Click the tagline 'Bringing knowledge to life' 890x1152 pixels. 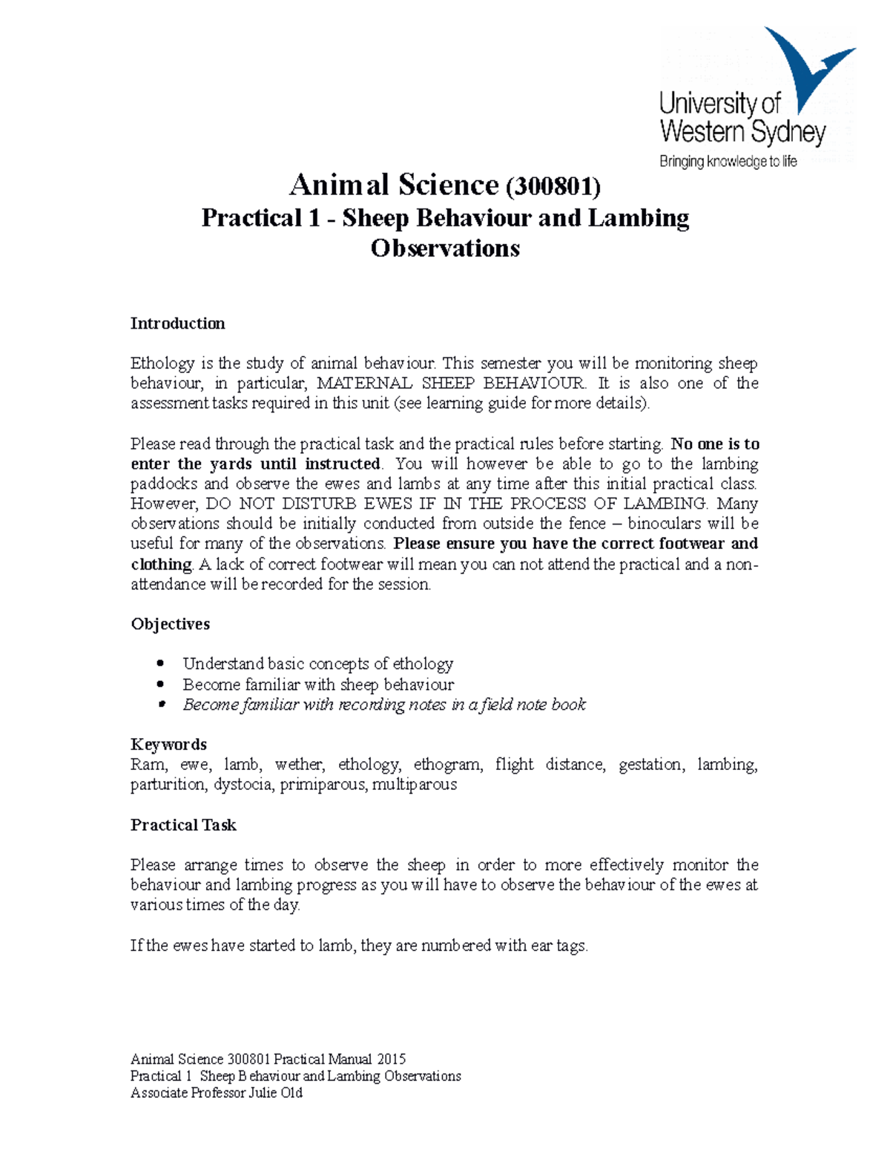(x=728, y=162)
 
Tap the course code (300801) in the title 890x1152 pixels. (x=553, y=185)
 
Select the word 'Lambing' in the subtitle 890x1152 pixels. (x=638, y=218)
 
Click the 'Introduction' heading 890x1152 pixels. (x=177, y=323)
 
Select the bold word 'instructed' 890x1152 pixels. (x=342, y=464)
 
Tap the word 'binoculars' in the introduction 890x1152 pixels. (x=665, y=524)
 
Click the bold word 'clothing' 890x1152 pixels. (x=162, y=565)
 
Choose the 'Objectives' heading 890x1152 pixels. (x=170, y=624)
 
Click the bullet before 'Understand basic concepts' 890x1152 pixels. (x=160, y=663)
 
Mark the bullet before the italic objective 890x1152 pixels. (x=160, y=705)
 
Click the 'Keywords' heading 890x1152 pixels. (x=168, y=745)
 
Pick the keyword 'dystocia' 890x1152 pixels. (x=243, y=785)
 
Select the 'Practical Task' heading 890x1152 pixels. (x=183, y=825)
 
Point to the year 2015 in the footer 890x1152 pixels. (x=391, y=1059)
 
